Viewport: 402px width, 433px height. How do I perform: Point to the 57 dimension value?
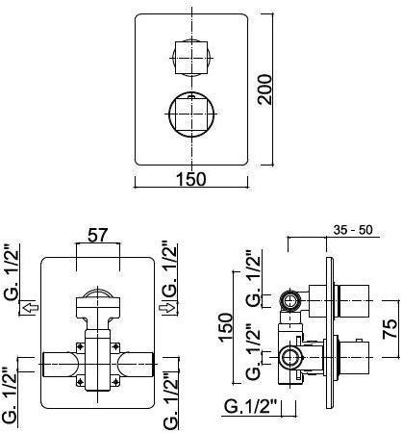[x=96, y=233]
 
